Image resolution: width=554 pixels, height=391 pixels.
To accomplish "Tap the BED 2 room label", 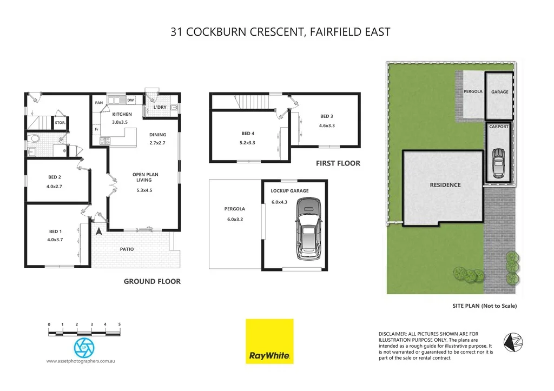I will coord(54,177).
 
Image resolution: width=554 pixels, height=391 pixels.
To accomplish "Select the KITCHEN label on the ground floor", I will coord(122,114).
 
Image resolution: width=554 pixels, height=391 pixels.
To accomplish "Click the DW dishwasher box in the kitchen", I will coord(130,101).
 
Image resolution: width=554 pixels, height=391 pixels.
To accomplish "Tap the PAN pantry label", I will coord(99,103).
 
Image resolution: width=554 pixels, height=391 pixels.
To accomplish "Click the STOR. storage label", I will coord(60,123).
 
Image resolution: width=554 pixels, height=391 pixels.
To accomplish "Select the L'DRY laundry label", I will coord(160,107).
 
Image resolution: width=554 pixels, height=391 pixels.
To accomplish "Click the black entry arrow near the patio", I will coord(99,231).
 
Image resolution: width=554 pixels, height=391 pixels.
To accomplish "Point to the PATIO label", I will coord(127,249).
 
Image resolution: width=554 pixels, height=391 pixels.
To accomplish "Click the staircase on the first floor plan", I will coord(253,102).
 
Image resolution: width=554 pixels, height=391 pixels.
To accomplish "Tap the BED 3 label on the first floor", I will coord(326,116).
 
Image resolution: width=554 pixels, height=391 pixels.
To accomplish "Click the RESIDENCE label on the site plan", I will coord(445,185).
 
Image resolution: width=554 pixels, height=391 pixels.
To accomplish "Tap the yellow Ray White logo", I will coord(269,341).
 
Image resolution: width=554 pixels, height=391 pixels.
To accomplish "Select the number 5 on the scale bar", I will coord(119,324).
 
